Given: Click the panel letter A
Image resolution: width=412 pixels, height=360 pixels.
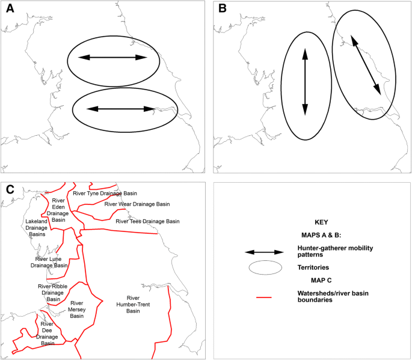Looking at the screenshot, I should point(10,10).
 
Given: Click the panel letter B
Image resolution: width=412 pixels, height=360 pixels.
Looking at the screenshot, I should point(223,10).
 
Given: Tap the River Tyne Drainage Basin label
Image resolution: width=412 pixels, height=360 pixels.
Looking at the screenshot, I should point(105,194).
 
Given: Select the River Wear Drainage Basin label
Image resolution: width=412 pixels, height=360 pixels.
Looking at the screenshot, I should point(137,204).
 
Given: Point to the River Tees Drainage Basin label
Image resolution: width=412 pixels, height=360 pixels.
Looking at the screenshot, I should point(147,222).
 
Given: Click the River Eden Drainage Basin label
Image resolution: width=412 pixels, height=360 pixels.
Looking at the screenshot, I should point(58,210).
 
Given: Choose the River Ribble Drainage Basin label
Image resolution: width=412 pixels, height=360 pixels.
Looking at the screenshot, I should point(53,293).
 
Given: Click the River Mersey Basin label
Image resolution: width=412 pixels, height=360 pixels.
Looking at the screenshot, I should point(77,310).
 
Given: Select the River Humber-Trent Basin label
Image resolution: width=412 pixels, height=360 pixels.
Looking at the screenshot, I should point(133,304).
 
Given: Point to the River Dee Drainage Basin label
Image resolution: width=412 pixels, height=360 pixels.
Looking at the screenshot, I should point(47,334).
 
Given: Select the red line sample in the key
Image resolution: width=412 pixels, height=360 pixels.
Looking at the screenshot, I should point(263,297).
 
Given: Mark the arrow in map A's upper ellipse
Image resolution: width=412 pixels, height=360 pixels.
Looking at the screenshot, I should point(113,58).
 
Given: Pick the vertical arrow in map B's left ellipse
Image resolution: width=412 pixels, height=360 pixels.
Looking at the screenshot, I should point(305,82).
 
